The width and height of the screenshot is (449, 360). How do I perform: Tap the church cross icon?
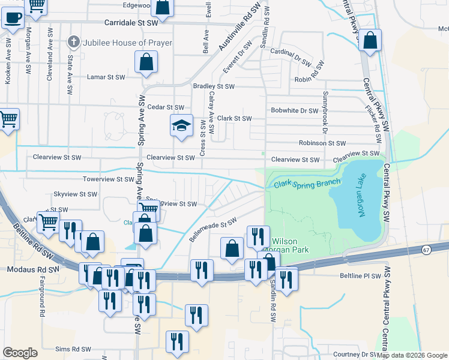pos(74,42)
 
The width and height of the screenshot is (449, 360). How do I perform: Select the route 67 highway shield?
pos(426,249)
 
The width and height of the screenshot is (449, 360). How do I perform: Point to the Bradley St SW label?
pos(213,86)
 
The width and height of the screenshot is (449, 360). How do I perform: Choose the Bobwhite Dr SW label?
pos(294,110)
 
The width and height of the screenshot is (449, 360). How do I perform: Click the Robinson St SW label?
pos(322,143)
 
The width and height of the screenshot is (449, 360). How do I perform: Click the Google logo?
pos(20,353)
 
